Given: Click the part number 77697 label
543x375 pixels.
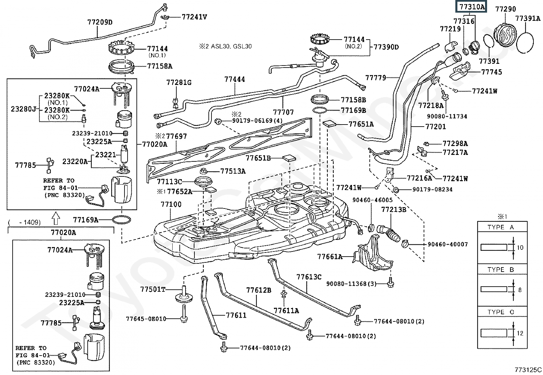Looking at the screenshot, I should pos(177,136).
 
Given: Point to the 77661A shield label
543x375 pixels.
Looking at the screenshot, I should pos(329,257).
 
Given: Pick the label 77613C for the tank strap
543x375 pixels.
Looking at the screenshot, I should pos(309,277).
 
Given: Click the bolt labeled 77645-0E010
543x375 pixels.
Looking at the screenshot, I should pos(184,319).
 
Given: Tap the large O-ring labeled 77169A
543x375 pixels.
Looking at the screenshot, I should pos(121,220).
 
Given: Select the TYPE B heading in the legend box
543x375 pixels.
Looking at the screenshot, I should pos(500,270).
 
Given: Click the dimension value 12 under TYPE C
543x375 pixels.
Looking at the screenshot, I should pos(520,333).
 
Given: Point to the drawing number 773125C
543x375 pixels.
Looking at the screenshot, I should pos(528,370).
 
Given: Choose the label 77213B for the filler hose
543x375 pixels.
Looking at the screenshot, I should pos(394,209).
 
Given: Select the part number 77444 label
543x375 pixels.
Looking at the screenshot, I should pos(235,80).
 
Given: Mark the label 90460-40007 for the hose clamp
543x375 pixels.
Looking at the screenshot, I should pos(448,244).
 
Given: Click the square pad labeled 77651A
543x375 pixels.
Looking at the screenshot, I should pos(329,124).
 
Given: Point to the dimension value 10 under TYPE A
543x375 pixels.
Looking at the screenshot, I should pos(520,247).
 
